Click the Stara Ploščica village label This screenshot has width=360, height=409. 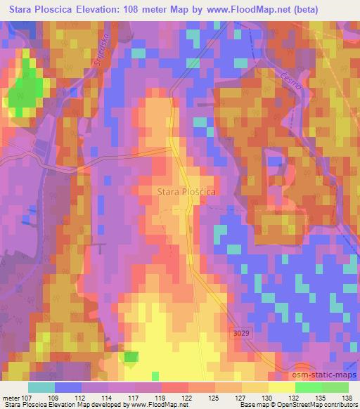tap(186, 190)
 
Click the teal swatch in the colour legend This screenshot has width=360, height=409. tap(41, 387)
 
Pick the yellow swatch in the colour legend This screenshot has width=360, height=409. tap(282, 387)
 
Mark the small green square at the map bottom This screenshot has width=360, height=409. tap(130, 358)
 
